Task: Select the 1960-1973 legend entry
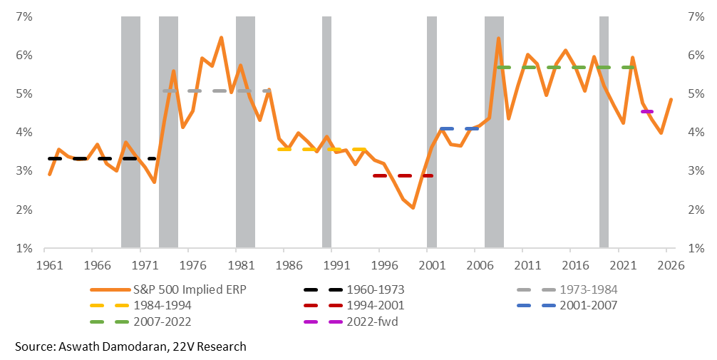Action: coord(371,289)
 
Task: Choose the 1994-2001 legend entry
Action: coord(371,305)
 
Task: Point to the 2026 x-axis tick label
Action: coord(668,264)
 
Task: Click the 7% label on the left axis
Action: coord(24,16)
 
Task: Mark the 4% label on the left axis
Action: coord(24,132)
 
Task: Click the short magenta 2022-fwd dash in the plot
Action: coord(647,112)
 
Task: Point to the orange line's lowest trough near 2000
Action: coord(413,207)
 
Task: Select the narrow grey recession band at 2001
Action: coord(432,132)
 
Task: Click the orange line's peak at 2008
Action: coord(498,38)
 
